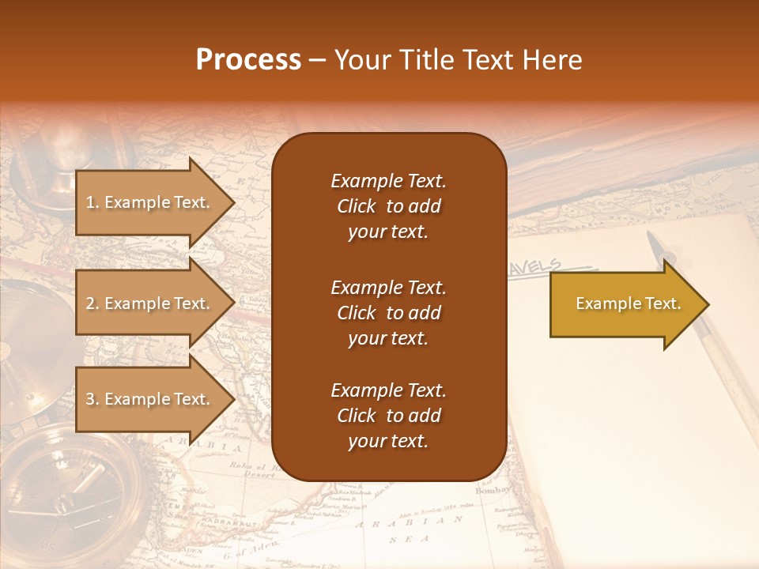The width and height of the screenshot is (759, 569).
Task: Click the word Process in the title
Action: point(248,60)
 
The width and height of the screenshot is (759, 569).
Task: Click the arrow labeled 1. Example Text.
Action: point(150,202)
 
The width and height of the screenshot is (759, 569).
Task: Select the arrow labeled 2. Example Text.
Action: point(150,303)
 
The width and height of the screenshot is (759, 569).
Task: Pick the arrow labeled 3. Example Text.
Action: point(150,399)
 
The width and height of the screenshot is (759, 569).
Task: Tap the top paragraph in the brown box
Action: point(388,206)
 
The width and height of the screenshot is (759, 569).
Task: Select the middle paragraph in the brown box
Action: point(388,313)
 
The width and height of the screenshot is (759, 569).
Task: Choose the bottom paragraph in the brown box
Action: point(388,416)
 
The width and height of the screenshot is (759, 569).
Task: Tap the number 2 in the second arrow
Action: point(89,303)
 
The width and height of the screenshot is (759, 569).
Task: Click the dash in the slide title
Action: point(317,60)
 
